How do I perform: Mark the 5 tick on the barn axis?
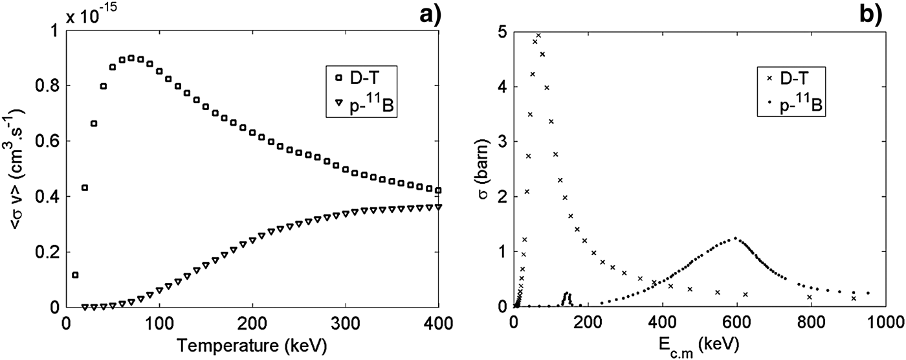(x=502, y=32)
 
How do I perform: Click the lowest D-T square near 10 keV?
(x=75, y=275)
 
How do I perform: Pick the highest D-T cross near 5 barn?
(x=538, y=35)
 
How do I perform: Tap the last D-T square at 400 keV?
(x=439, y=190)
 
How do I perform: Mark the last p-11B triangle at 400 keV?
(x=439, y=207)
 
